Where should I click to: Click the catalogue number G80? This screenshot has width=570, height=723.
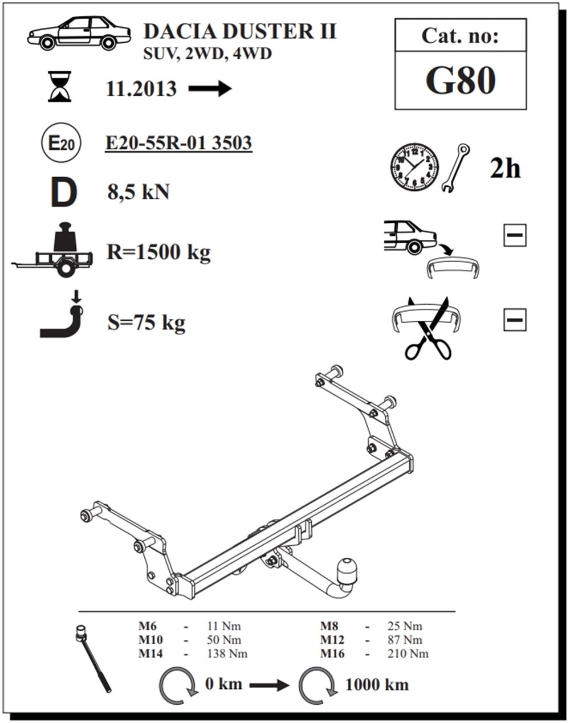pos(461,80)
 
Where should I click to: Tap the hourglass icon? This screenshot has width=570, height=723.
pos(59,86)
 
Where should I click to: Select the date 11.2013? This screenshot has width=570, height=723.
pos(141,89)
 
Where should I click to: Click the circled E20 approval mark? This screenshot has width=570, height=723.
pos(61,142)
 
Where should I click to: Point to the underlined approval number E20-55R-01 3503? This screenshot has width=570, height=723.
pos(179,143)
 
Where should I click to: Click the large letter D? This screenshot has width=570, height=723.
pos(64,192)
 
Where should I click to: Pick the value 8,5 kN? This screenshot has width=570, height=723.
pos(139,192)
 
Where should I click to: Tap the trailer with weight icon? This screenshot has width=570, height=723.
pos(52,250)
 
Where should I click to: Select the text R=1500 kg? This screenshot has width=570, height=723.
pos(158,252)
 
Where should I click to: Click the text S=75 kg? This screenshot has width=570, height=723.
pos(146,323)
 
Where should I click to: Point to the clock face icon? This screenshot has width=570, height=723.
pos(414,168)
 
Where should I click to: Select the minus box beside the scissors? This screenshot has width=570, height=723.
pos(515,320)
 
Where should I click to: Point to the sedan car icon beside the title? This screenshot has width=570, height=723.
pos(79,33)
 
